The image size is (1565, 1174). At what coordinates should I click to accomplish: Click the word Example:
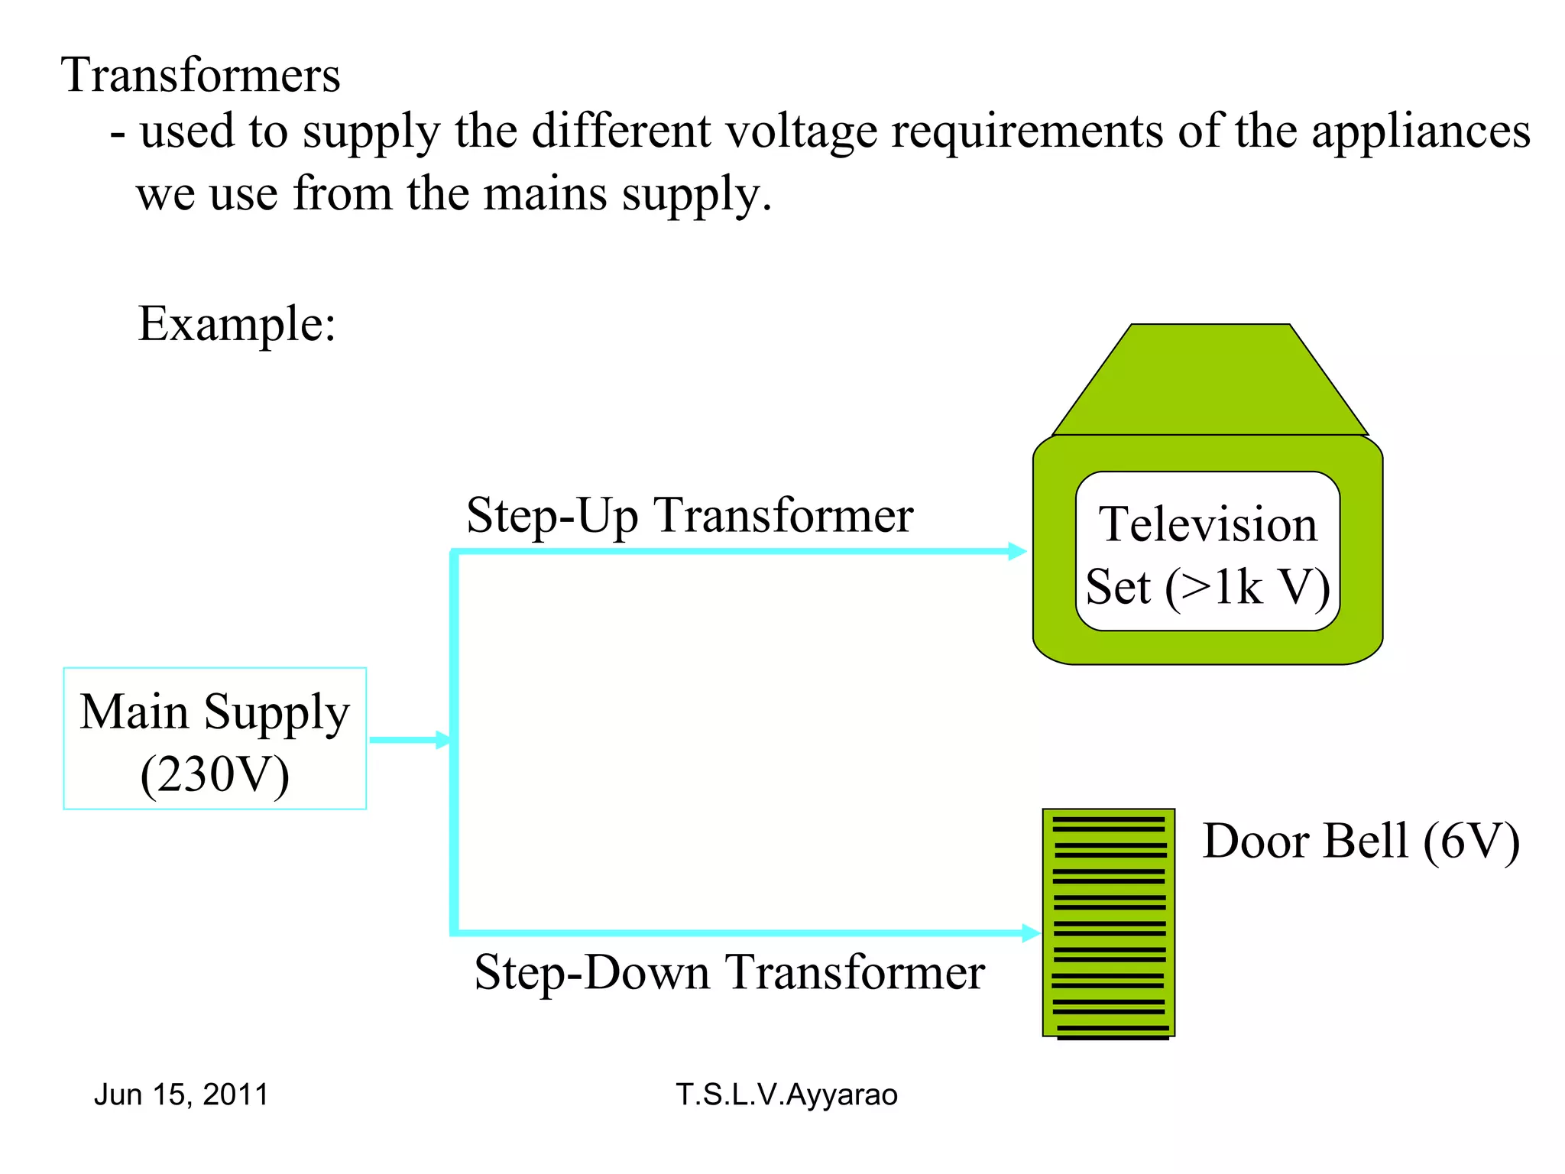coord(237,324)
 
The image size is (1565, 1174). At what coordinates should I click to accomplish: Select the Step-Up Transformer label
coord(689,515)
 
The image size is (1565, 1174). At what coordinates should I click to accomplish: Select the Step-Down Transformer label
coord(729,972)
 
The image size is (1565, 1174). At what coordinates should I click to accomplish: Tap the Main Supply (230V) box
coord(215,738)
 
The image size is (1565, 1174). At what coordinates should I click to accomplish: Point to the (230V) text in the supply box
coord(215,774)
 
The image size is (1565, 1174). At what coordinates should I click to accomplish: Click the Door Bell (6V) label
coord(1360,842)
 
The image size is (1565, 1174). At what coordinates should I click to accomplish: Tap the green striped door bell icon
coord(1108,923)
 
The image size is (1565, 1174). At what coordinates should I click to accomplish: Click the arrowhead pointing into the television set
coord(1017,551)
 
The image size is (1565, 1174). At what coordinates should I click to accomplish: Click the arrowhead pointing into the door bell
coord(1031,932)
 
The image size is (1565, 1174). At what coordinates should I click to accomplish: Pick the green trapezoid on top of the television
coord(1210,380)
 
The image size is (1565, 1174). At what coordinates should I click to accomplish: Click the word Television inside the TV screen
coord(1207,525)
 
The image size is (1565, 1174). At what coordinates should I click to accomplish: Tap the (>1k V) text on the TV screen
coord(1247,587)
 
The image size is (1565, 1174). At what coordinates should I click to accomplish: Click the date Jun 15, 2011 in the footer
coord(181,1095)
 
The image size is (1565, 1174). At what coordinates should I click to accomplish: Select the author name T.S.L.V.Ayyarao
coord(786,1095)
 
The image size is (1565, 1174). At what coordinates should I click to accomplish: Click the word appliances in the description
coord(1421,131)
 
